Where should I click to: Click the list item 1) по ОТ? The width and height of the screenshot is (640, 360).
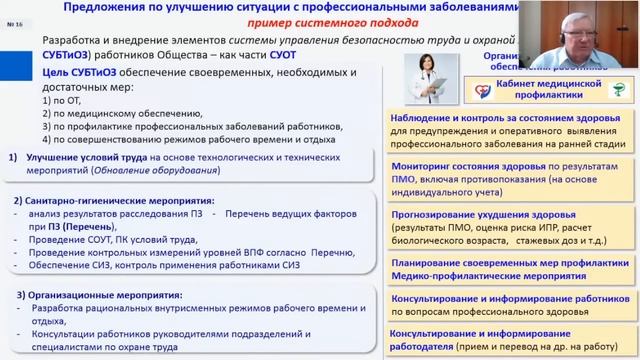click(52, 100)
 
